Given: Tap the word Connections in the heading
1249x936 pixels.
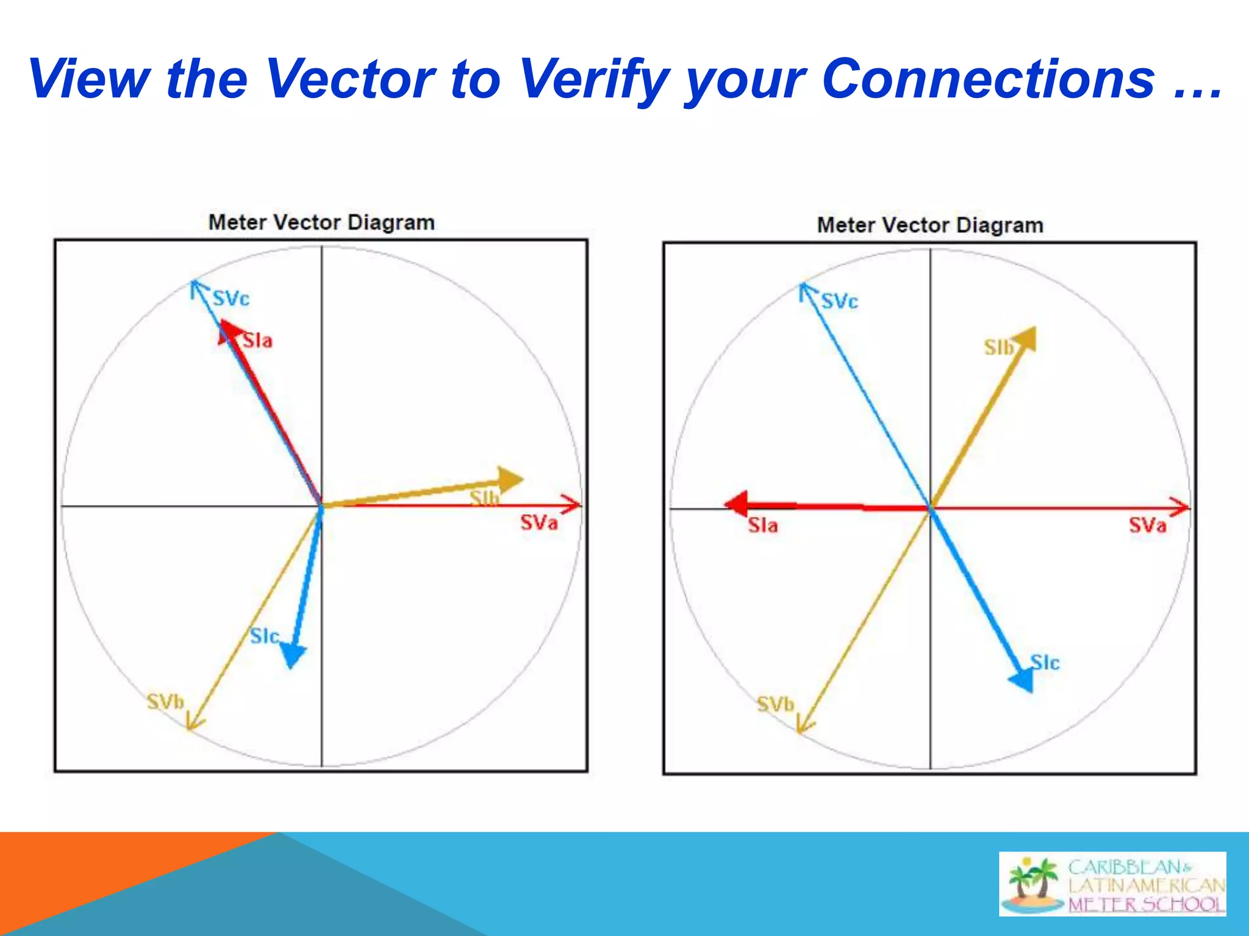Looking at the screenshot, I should click(x=988, y=79).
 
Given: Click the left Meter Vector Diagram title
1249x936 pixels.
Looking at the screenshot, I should click(x=321, y=222).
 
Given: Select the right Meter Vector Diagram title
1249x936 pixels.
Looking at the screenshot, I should click(x=930, y=225).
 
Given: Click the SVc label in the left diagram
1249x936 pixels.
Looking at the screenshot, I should click(x=231, y=299).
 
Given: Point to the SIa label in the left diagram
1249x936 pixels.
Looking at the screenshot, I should click(x=257, y=341).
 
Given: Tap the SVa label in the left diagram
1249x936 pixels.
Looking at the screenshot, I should click(x=539, y=523).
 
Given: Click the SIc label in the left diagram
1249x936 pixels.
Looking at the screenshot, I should click(x=264, y=636).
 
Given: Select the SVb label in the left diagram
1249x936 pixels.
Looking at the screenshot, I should click(x=165, y=702).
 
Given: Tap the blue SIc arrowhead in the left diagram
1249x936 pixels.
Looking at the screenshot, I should click(x=293, y=655).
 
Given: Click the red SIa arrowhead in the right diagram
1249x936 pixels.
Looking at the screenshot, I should click(x=737, y=503).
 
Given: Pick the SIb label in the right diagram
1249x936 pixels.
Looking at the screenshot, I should click(x=998, y=347).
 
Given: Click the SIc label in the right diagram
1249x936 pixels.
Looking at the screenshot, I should click(x=1045, y=662).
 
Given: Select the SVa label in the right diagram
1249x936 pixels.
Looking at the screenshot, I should click(x=1147, y=525).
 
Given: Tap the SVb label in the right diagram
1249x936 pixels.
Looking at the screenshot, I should click(x=775, y=704).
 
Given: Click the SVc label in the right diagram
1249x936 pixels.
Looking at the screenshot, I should click(x=840, y=301).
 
